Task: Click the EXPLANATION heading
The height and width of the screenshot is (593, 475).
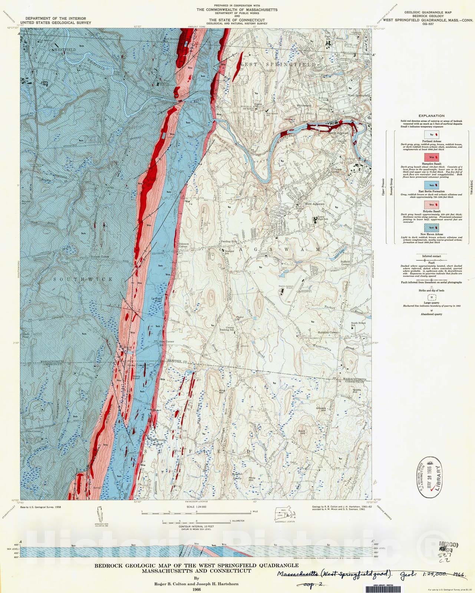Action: pos(431,116)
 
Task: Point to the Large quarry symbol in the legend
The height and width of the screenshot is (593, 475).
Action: pos(431,299)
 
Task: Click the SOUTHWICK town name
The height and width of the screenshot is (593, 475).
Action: pos(83,279)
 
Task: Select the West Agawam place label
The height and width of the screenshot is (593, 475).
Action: pos(314,204)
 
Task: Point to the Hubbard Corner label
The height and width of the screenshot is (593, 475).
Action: pos(327,332)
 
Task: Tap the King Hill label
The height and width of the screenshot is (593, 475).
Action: pos(222,391)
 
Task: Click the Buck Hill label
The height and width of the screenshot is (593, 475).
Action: pos(302,431)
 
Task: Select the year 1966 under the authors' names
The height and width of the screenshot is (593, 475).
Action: pos(196,589)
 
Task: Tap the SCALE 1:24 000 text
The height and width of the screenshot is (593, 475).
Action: pos(196,507)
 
